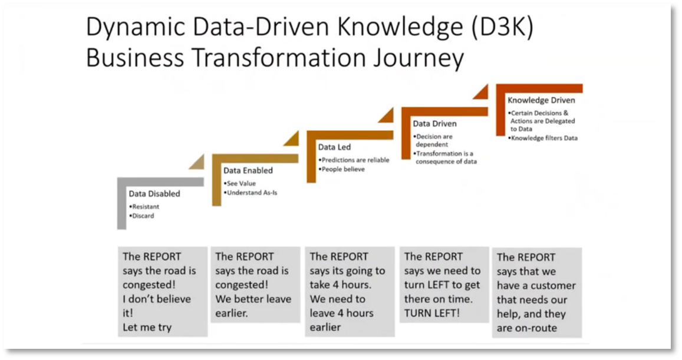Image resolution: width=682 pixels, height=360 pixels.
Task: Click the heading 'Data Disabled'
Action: [x=154, y=194]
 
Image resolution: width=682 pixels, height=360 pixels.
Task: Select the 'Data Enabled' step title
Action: [x=248, y=170]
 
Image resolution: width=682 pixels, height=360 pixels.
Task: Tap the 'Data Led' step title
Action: [x=335, y=147]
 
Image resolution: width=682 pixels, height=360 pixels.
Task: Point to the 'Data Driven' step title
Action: [x=434, y=124]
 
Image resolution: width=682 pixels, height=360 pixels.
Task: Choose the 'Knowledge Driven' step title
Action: [x=541, y=100]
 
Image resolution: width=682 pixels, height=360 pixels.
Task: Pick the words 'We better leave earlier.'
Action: [x=253, y=306]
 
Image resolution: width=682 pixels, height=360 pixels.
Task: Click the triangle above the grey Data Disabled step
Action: [x=196, y=161]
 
